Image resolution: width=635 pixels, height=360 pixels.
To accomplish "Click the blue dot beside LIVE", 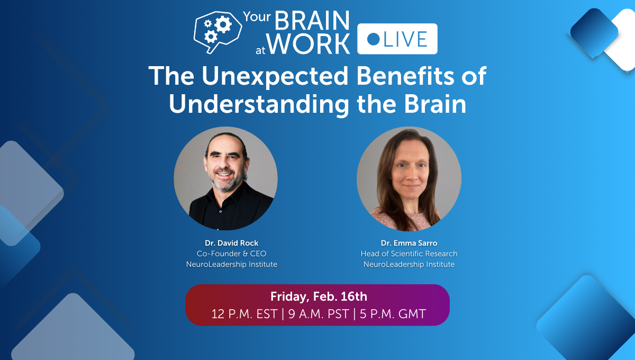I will (373, 39).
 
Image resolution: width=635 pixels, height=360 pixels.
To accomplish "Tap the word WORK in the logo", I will (309, 44).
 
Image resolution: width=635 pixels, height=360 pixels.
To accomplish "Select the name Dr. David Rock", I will (232, 243).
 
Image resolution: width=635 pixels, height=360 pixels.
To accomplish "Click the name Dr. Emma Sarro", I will (409, 243).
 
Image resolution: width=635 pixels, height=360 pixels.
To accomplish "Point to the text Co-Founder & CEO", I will (232, 254).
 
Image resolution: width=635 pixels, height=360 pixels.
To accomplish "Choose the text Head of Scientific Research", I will (409, 254).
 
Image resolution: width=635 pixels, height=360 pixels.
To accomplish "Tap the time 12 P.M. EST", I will (244, 313).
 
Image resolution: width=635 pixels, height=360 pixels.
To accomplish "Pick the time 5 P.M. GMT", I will (392, 313).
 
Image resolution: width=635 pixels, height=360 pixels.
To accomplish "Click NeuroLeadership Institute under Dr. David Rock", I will (232, 264).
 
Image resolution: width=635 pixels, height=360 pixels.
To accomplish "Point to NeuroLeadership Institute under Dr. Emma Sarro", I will (409, 264).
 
